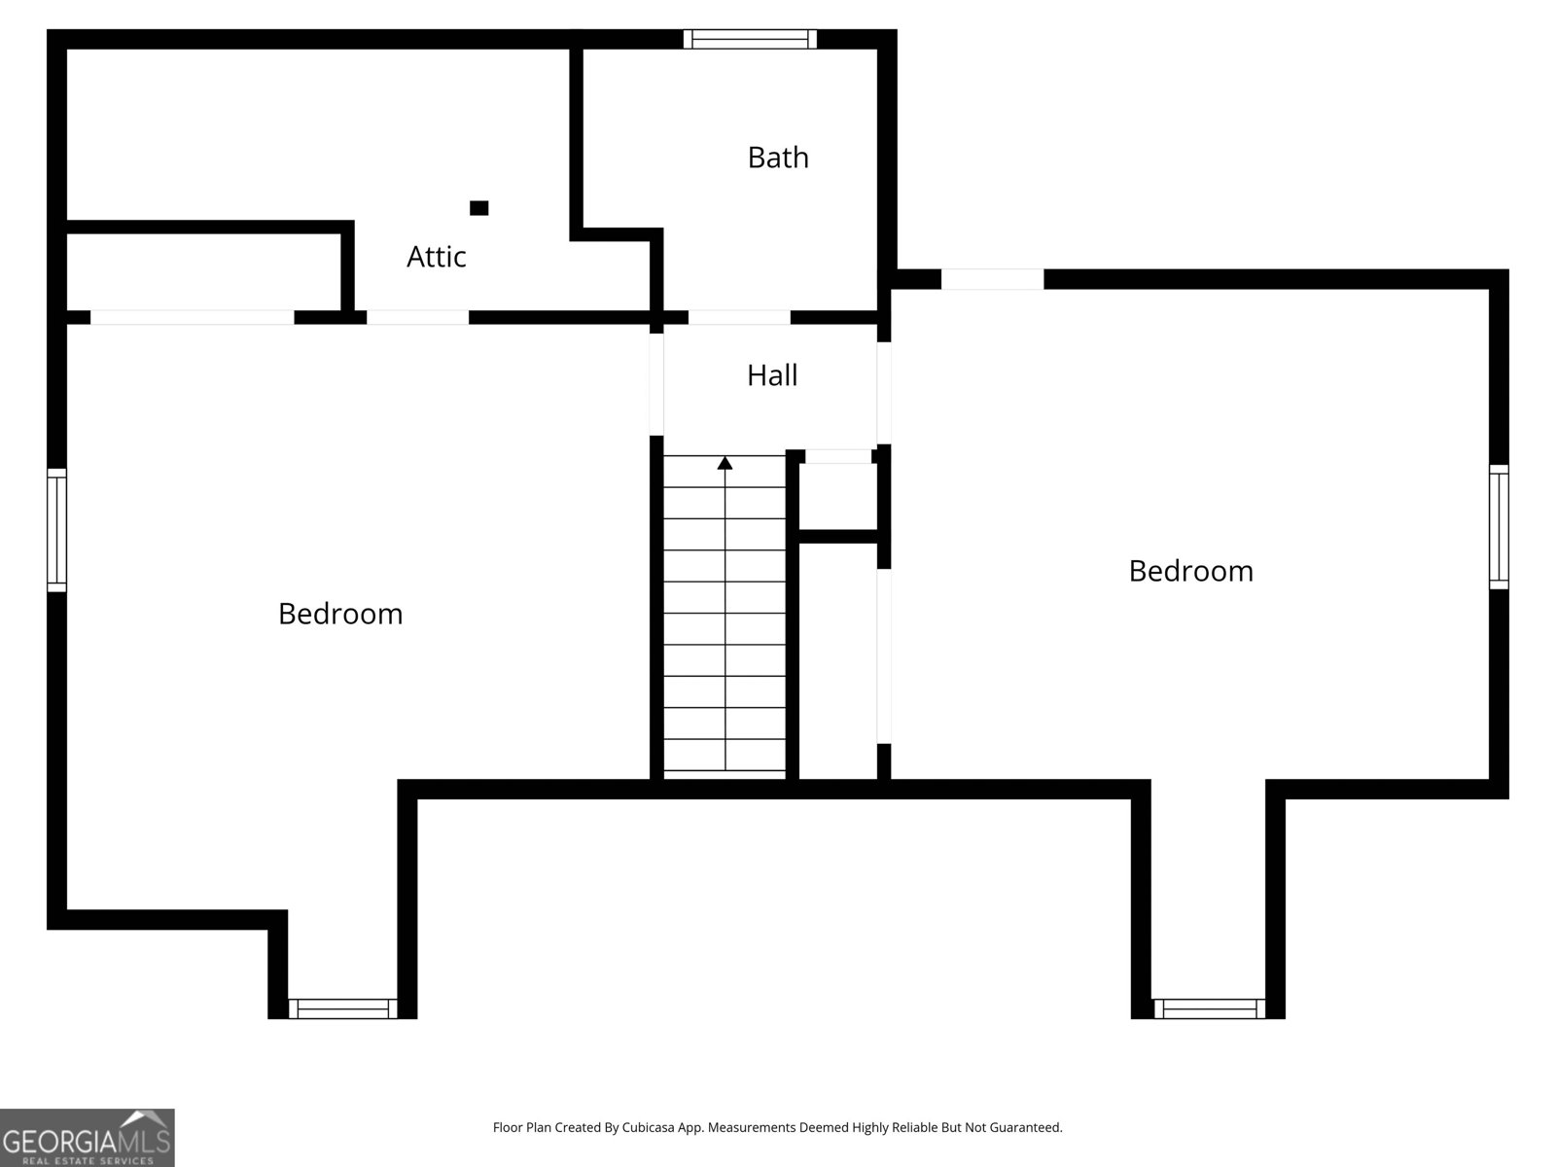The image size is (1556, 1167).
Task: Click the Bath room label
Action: [778, 158]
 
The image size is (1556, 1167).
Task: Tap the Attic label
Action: [437, 257]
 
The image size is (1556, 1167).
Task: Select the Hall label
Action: [772, 375]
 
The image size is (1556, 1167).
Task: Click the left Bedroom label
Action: [340, 614]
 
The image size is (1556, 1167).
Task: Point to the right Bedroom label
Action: [1190, 571]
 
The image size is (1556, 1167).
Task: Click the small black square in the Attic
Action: [478, 208]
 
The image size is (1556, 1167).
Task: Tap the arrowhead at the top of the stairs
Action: [725, 463]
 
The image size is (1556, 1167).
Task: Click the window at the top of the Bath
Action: [750, 39]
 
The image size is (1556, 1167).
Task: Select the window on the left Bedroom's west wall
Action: [57, 530]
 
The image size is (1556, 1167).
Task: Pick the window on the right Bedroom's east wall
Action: [1499, 526]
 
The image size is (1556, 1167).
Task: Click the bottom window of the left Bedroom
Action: [342, 1008]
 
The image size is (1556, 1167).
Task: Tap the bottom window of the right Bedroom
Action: [1209, 1008]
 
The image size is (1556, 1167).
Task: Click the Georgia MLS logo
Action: [87, 1138]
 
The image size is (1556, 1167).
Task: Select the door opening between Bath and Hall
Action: [739, 317]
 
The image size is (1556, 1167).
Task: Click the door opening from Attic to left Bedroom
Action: [417, 317]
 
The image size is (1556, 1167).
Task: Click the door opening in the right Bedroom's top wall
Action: [992, 279]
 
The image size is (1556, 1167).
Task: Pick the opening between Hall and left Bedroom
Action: [656, 384]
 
